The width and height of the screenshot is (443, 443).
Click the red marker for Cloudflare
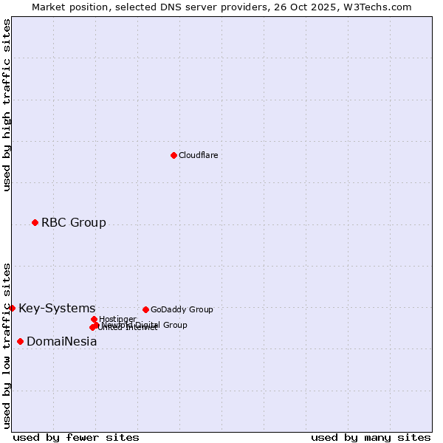174,155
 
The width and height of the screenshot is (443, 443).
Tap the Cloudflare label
198,155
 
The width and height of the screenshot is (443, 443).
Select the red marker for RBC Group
35,222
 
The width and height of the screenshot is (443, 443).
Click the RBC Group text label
73,222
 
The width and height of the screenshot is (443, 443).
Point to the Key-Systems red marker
12,308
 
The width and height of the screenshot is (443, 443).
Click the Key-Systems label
57,308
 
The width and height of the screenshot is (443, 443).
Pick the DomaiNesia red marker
20,341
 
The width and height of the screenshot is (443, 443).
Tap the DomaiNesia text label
61,341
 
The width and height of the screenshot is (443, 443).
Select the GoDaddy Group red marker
145,309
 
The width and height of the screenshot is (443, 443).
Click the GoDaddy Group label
181,309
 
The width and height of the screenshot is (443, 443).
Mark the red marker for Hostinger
94,319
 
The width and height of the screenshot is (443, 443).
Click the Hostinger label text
117,319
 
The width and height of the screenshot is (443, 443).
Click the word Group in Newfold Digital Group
176,325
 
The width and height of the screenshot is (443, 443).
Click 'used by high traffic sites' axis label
7,105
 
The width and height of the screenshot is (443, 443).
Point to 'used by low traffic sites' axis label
7,346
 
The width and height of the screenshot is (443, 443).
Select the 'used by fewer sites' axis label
76,437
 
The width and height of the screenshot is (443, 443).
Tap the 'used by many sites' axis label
371,437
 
